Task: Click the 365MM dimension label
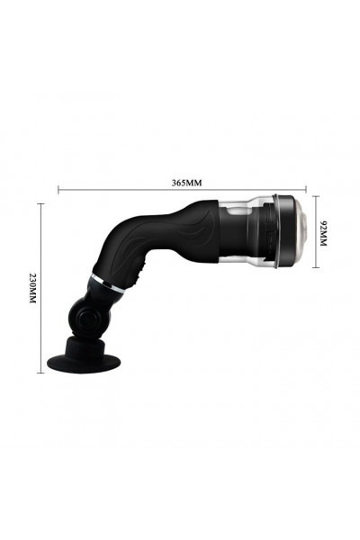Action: click(186, 183)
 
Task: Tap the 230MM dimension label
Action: click(32, 288)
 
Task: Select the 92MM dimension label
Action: click(323, 233)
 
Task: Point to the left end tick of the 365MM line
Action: click(58, 189)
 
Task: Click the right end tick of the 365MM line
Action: click(306, 189)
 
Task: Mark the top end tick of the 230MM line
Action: click(41, 204)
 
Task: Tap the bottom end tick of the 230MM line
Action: click(41, 373)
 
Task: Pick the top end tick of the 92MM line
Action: click(316, 196)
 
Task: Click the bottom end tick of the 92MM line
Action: click(316, 267)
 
